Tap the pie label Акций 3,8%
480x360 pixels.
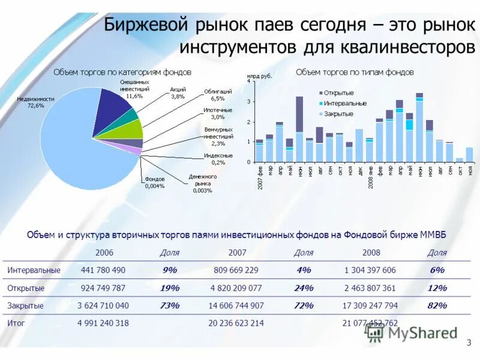178,92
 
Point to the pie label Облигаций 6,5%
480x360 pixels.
214,95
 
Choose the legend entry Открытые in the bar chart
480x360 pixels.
338,93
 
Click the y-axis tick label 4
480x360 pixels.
248,82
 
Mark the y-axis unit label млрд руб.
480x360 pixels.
259,76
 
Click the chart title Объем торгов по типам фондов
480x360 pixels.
355,72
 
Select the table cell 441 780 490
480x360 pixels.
103,270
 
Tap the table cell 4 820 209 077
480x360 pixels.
236,287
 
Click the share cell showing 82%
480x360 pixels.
437,305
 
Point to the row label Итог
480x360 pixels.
16,323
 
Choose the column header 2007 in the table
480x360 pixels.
236,253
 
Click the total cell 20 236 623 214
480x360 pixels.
236,323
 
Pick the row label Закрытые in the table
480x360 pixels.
25,305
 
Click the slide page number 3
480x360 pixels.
469,343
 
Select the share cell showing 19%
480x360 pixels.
170,287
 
